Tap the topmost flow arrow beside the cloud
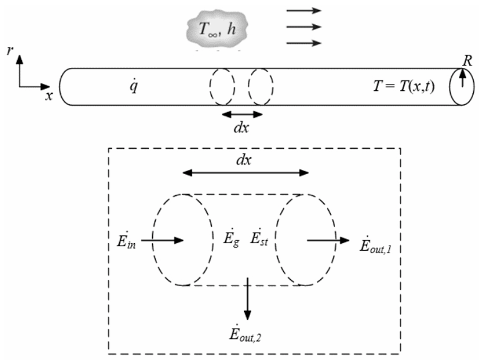(x=304, y=10)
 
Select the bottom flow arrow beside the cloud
(x=304, y=43)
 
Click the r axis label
(x=9, y=51)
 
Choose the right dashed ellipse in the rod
(x=260, y=87)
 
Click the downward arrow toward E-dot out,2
(x=248, y=298)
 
